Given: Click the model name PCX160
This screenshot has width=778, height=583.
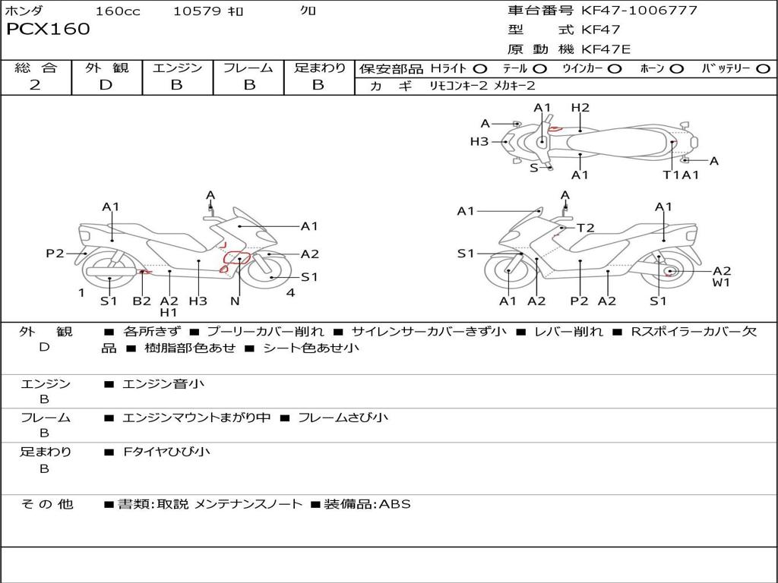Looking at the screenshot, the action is coord(48,30).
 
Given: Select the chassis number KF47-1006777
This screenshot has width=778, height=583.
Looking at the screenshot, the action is coord(639,11).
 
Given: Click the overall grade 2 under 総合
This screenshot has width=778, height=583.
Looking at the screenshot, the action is coord(35,85).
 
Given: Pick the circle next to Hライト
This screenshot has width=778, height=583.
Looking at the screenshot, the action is coord(481,69).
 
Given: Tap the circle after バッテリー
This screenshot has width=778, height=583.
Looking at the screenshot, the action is coord(764,69).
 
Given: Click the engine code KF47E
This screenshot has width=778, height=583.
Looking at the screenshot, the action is coord(606,50).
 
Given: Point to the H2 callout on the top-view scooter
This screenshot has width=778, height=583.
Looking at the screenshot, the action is coord(580,108).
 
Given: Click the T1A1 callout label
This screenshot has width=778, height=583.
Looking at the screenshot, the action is coord(680,175).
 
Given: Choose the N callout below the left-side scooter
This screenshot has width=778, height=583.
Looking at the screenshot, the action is coord(235,301).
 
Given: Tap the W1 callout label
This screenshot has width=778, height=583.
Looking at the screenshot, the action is coord(721,283).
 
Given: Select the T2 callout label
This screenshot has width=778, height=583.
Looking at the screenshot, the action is coord(585,228).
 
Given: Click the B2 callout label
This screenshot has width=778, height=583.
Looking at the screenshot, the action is coord(142,301).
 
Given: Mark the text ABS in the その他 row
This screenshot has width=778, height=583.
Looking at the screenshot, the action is coord(394,504).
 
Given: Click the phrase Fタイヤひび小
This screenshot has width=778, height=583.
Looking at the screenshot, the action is coord(167,452).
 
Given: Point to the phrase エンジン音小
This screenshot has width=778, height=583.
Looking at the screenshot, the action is coord(163,384).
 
